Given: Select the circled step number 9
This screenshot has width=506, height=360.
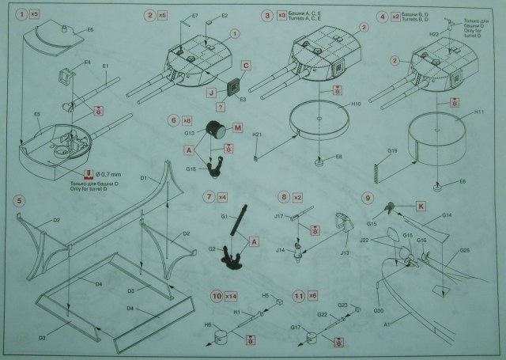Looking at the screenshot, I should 367,196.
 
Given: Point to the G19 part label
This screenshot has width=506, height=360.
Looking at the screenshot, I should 392,151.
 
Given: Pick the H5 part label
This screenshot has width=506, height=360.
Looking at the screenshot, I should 266,295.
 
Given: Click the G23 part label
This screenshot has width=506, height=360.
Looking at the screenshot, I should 343,305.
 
